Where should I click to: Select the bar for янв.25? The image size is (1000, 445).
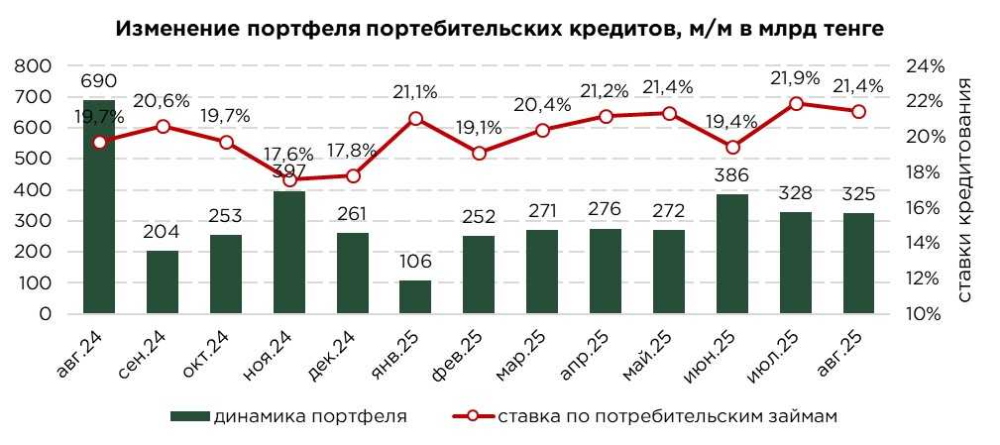pos(415,297)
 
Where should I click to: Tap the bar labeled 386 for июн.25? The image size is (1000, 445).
pos(732,254)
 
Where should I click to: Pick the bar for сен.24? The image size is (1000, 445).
pos(163,282)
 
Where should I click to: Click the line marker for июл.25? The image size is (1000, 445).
pos(796,103)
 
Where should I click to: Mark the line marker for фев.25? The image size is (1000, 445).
pos(479,154)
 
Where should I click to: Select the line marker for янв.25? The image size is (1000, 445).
pos(415,119)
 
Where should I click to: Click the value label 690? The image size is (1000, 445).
pos(99,81)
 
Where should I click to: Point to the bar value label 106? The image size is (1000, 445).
pos(415,262)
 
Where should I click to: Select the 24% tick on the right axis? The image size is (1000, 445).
pos(925,66)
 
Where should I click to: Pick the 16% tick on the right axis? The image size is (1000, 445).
pos(925,208)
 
